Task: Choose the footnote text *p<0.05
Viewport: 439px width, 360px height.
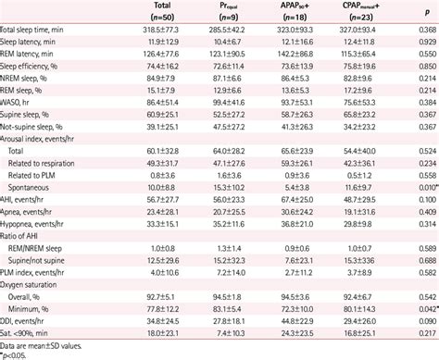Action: pyautogui.click(x=15, y=354)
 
